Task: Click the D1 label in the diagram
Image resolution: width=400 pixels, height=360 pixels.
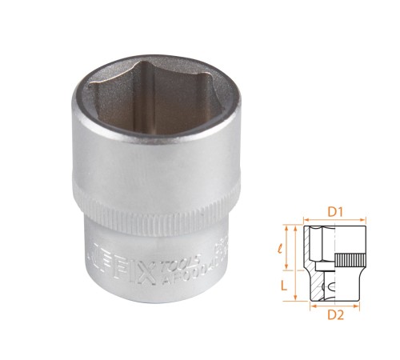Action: click(334, 214)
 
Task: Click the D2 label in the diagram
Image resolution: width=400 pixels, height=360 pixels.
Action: click(336, 314)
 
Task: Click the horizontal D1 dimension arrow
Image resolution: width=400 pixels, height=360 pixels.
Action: click(336, 223)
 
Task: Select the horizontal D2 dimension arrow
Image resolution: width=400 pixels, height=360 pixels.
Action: click(336, 304)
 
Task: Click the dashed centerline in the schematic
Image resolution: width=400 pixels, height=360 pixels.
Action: click(336, 265)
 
